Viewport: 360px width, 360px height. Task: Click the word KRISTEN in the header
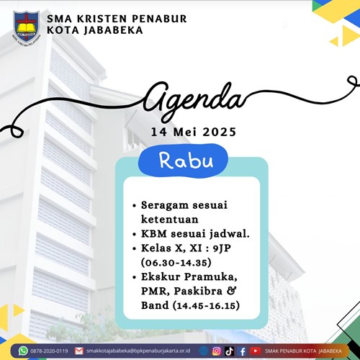tap(103, 19)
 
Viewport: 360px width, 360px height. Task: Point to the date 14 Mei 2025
tap(194, 132)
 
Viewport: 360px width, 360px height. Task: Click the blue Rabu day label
tap(186, 161)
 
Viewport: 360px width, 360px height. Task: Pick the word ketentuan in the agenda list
tap(170, 220)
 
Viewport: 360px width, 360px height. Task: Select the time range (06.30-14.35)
tap(176, 263)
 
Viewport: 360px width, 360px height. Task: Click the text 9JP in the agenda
tap(222, 248)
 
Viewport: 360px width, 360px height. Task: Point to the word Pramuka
tap(211, 277)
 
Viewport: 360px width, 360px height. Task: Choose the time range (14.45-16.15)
tap(206, 306)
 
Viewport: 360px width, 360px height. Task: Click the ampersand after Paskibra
tap(231, 291)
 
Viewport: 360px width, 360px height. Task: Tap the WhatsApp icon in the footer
tap(23, 351)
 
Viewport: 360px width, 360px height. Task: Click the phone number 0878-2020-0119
tap(49, 351)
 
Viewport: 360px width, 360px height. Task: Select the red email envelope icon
tap(78, 351)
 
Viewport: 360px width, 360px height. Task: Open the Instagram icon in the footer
tap(217, 351)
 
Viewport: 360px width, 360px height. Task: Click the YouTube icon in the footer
tap(256, 351)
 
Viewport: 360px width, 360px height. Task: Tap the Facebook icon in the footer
tap(243, 351)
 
